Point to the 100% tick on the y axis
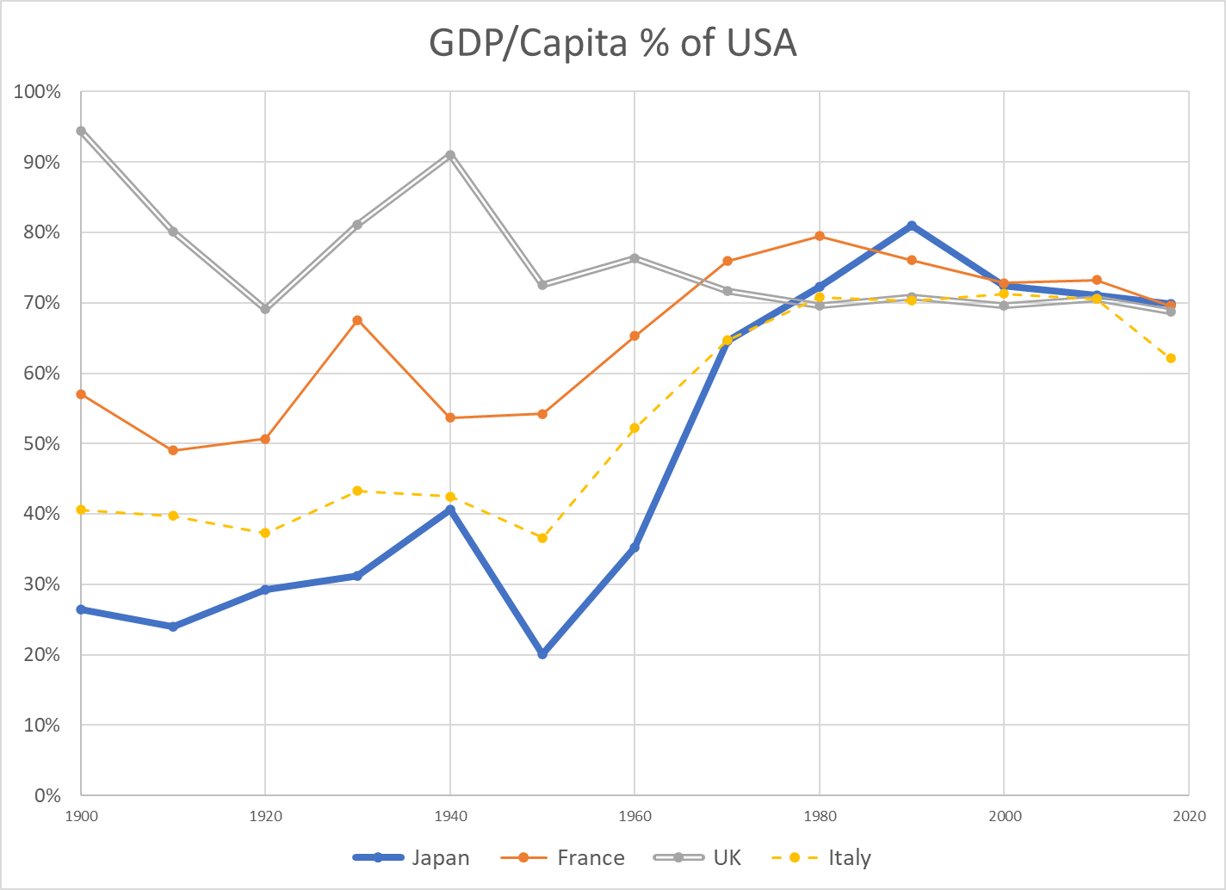pyautogui.click(x=37, y=91)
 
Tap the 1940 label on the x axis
pyautogui.click(x=449, y=816)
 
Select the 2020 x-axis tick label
pyautogui.click(x=1188, y=816)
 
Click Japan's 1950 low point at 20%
pyautogui.click(x=542, y=654)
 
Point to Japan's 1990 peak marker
pyautogui.click(x=912, y=226)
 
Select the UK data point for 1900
pyautogui.click(x=81, y=131)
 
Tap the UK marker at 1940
pyautogui.click(x=449, y=155)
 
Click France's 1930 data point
pyautogui.click(x=357, y=320)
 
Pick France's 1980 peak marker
pyautogui.click(x=820, y=236)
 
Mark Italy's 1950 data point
pyautogui.click(x=542, y=538)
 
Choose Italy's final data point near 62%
pyautogui.click(x=1170, y=358)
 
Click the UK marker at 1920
pyautogui.click(x=265, y=309)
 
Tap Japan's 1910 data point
pyautogui.click(x=173, y=627)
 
